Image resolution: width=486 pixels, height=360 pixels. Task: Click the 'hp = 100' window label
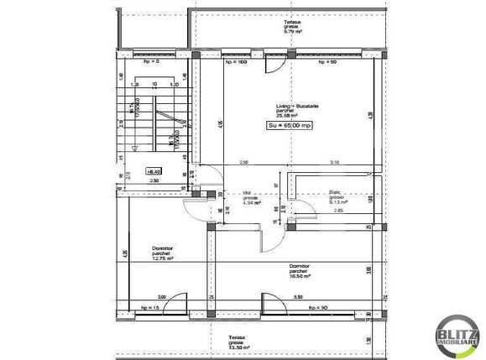pos(236,62)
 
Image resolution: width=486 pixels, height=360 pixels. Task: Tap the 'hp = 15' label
pos(152,308)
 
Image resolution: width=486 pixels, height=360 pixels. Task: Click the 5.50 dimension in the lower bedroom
pos(298,296)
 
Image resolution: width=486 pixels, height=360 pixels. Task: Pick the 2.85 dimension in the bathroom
pos(338,210)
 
